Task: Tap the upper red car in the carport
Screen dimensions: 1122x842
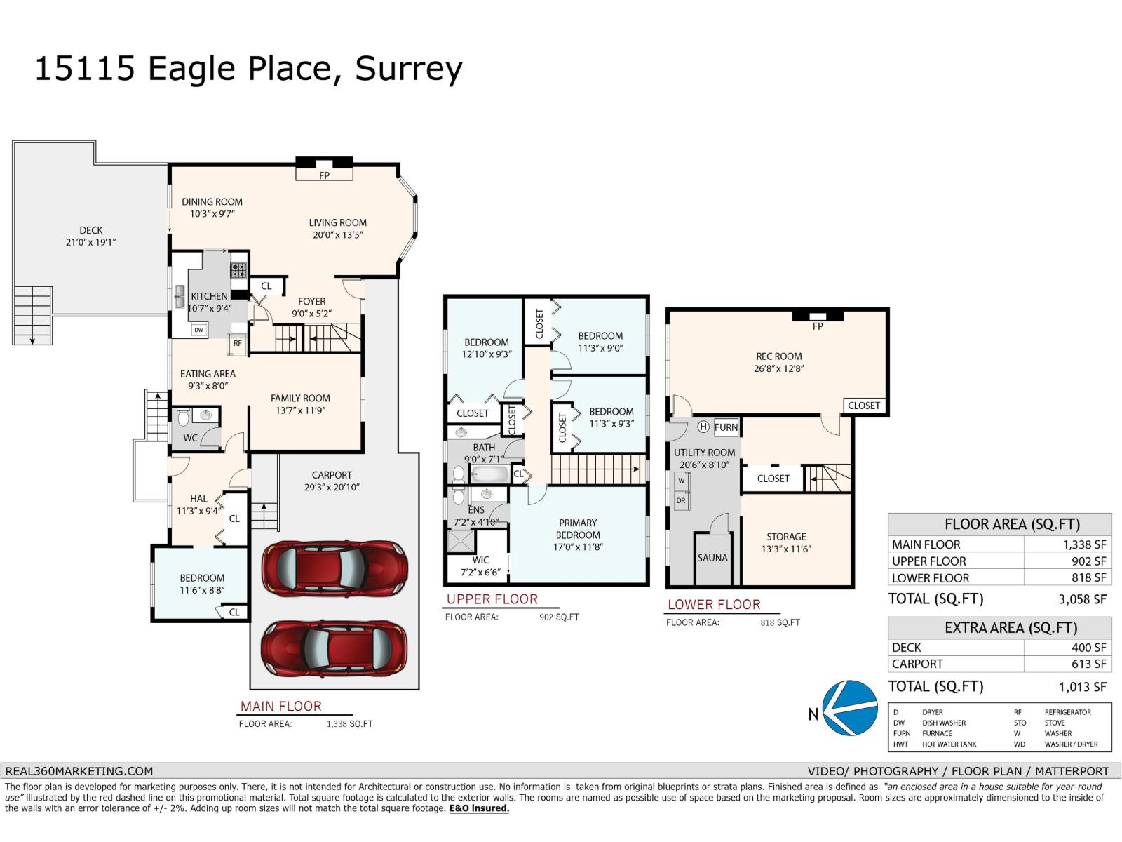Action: point(334,568)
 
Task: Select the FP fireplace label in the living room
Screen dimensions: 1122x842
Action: point(324,175)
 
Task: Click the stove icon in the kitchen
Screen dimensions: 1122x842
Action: point(238,269)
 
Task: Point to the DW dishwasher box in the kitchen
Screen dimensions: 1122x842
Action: point(199,330)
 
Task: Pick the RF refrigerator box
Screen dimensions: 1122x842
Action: point(238,344)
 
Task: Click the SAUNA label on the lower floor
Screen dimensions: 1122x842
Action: point(712,558)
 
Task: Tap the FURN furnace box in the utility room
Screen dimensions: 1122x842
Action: point(726,427)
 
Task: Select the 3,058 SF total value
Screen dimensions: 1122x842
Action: point(1082,599)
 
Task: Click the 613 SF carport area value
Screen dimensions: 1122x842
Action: point(1089,664)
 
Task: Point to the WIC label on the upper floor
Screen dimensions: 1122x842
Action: point(480,560)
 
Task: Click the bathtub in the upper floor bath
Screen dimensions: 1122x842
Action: point(489,474)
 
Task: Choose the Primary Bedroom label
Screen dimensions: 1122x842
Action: point(578,528)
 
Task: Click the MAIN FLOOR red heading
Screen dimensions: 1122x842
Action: point(281,706)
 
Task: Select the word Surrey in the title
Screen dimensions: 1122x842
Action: point(409,69)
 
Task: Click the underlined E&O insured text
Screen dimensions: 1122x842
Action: point(479,808)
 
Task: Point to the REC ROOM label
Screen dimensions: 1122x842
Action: point(778,356)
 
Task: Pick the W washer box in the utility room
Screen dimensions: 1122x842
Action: point(682,481)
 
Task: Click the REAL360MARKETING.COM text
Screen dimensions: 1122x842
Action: point(79,771)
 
